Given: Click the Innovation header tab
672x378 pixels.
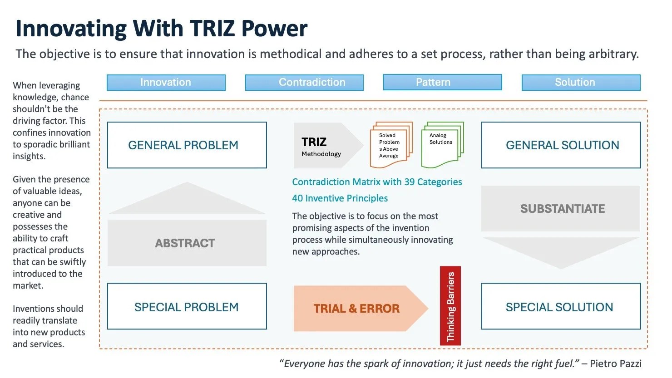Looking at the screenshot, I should pyautogui.click(x=166, y=83).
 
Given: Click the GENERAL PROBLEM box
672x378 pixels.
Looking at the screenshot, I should pyautogui.click(x=187, y=145).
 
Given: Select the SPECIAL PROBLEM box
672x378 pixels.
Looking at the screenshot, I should pyautogui.click(x=187, y=307).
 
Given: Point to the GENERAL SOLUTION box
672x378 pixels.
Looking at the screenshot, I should pyautogui.click(x=561, y=145).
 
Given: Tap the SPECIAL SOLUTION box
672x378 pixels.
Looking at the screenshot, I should pyautogui.click(x=561, y=307).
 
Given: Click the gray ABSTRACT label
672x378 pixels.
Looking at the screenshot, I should pyautogui.click(x=185, y=243).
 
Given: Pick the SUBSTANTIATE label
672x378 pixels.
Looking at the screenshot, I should pyautogui.click(x=562, y=209).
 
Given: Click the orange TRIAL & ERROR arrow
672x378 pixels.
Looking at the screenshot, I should pyautogui.click(x=357, y=309).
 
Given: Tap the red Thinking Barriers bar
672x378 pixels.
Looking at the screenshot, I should pyautogui.click(x=450, y=306).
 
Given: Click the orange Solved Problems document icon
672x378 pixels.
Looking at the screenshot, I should pyautogui.click(x=390, y=145).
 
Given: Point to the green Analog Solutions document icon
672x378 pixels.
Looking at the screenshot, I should pyautogui.click(x=441, y=144).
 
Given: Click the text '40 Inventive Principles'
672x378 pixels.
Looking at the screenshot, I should pyautogui.click(x=340, y=198).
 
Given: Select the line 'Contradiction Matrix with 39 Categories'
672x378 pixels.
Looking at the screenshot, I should pyautogui.click(x=377, y=182).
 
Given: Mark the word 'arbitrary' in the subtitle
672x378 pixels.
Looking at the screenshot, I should pyautogui.click(x=613, y=54).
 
